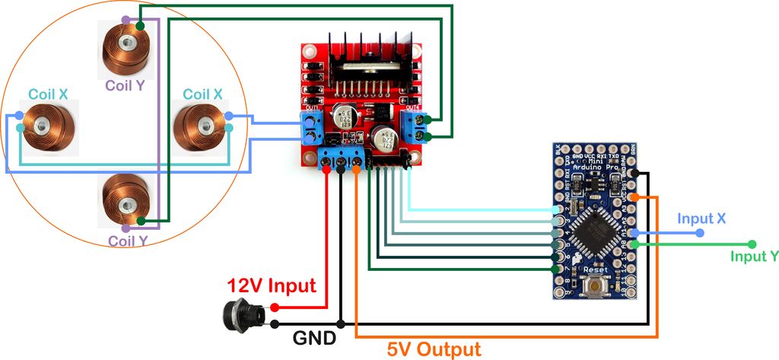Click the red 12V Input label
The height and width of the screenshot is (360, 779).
272,286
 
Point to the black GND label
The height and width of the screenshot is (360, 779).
312,337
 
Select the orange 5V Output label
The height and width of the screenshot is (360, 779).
434,349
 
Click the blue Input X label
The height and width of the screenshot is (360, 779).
701,218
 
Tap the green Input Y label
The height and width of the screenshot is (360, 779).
754,256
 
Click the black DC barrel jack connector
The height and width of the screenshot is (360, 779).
242,313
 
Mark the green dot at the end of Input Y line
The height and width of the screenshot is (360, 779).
752,244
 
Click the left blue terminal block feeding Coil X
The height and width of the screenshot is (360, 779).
311,130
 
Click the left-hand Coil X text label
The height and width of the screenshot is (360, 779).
48,94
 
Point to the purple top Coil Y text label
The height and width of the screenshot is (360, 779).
125,85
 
